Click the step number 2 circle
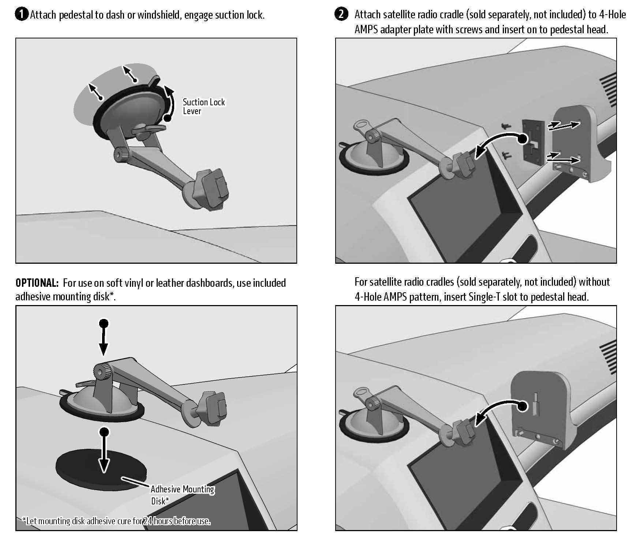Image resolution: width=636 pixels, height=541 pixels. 341,15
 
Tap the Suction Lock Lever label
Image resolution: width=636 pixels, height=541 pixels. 203,106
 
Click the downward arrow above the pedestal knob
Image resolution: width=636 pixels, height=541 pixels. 104,338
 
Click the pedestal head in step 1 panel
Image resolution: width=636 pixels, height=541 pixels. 210,189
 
